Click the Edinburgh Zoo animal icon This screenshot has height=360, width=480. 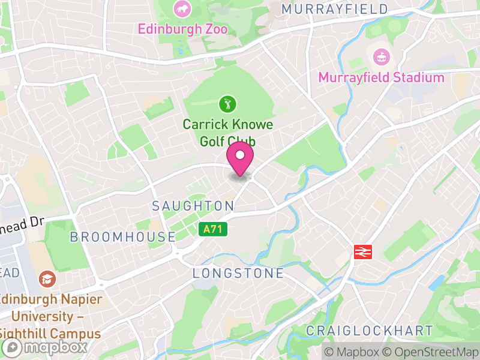tap(181, 9)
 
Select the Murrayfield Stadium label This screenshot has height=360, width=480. tap(381, 77)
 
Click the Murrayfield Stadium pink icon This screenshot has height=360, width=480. tap(381, 58)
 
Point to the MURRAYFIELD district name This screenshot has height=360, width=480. tap(334, 9)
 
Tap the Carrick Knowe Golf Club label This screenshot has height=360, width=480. tap(227, 133)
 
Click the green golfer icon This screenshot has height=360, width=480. tap(227, 104)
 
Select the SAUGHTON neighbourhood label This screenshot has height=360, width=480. tap(193, 206)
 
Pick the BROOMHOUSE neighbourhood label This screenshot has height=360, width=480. tap(122, 237)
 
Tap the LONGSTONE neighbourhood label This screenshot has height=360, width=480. tap(238, 274)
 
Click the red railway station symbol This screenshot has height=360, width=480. tap(364, 251)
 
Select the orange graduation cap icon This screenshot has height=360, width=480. tap(46, 278)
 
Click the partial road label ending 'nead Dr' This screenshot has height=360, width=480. tap(22, 221)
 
